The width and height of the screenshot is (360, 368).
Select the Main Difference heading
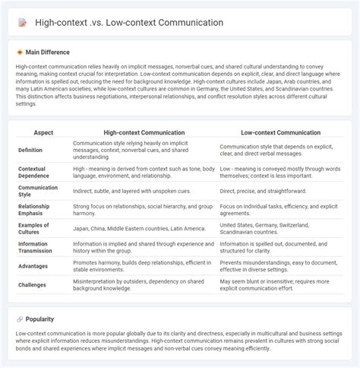coord(47,52)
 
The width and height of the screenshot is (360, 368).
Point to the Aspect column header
coord(44,132)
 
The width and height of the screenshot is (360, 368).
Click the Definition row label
coord(32,149)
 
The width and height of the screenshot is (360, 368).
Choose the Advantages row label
coord(34,266)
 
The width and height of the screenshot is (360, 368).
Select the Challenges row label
coord(33,284)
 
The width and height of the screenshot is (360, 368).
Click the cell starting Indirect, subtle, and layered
coord(131,190)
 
